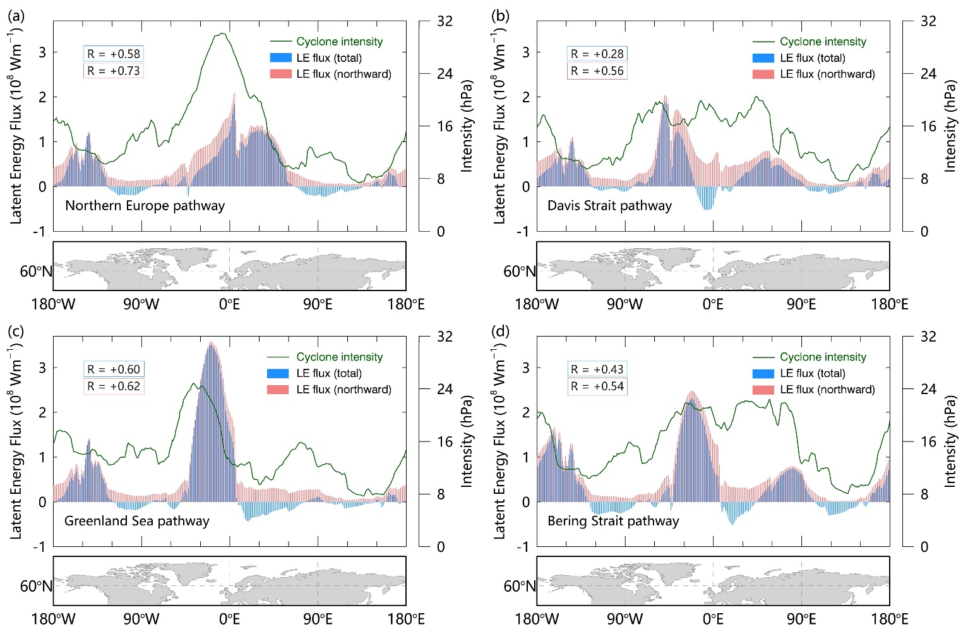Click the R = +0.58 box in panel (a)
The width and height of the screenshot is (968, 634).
[x=114, y=54]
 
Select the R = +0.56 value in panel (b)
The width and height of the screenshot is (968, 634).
[x=597, y=71]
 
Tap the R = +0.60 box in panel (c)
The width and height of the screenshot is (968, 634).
[x=114, y=369]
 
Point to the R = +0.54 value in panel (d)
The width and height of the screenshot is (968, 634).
[x=597, y=386]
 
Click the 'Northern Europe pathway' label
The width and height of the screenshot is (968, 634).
[x=145, y=205]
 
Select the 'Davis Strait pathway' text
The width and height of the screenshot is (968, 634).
[x=609, y=205]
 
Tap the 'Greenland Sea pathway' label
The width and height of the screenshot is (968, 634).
[x=136, y=520]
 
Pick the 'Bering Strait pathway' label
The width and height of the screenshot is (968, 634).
[x=613, y=520]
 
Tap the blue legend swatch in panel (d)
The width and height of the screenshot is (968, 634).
[x=763, y=373]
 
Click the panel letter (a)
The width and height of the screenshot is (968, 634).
[x=16, y=16]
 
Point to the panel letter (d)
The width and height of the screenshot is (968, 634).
[x=500, y=331]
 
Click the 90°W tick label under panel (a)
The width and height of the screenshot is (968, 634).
[x=141, y=304]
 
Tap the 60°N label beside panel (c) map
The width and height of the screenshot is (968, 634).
[x=36, y=586]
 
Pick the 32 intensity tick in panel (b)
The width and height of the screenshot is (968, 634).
[x=928, y=21]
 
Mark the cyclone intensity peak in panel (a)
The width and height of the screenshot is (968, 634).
[x=222, y=33]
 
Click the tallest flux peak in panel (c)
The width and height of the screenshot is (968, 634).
[x=211, y=342]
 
